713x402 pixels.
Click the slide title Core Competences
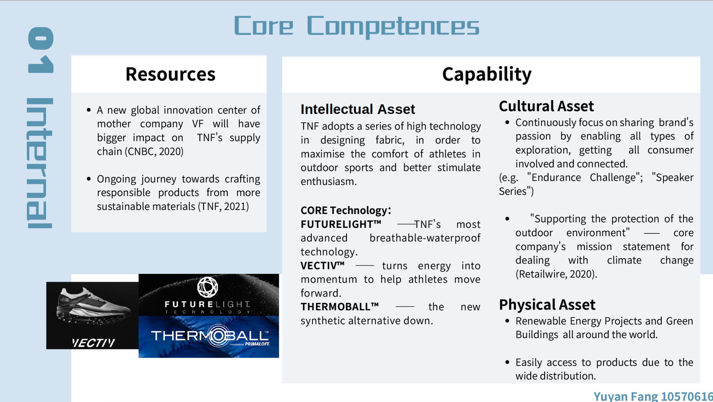[x=356, y=26]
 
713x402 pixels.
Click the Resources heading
[x=171, y=74]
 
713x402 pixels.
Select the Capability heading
[x=487, y=74]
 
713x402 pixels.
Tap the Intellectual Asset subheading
[x=358, y=109]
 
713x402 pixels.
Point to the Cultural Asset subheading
[x=546, y=106]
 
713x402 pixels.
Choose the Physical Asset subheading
[x=547, y=305]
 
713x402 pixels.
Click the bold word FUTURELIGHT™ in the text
[x=341, y=224]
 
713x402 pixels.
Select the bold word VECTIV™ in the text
[x=322, y=265]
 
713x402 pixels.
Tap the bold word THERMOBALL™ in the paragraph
[x=339, y=307]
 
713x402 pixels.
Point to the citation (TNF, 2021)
[x=224, y=207]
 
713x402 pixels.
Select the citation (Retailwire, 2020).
[x=556, y=274]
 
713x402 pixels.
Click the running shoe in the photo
[x=93, y=306]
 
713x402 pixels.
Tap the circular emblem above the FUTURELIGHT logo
[x=207, y=287]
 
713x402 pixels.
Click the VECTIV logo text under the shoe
[x=93, y=343]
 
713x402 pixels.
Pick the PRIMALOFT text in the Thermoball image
[x=257, y=344]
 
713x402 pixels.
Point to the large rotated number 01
[x=41, y=50]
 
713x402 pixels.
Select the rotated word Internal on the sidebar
[x=39, y=163]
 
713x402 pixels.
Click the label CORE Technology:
[x=346, y=210]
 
